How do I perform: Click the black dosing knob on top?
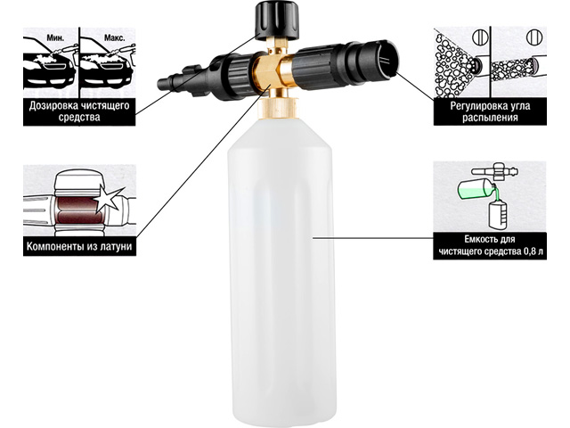coord(278,20)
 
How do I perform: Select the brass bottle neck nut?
coord(279,108)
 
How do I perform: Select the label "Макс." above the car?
coord(112,37)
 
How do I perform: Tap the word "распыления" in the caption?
coord(490,118)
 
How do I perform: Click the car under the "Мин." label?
coord(49,70)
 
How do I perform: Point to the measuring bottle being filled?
coord(497,215)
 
